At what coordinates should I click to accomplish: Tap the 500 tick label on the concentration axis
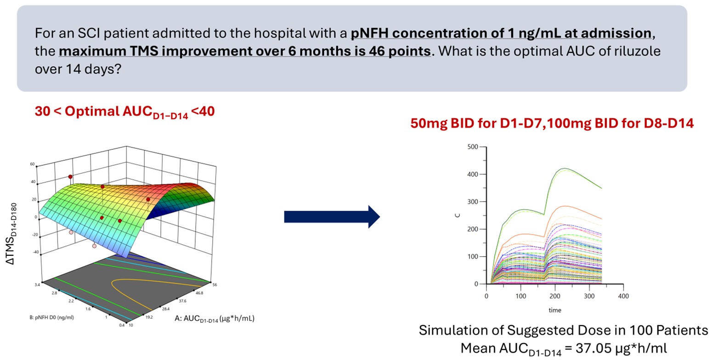tap(473, 147)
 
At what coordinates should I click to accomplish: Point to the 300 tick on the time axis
tap(589, 296)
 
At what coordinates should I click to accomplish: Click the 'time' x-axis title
tap(554, 310)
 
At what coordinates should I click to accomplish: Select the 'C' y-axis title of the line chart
tap(458, 214)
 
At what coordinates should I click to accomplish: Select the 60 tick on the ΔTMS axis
tap(33, 164)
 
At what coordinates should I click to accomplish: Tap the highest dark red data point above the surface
tap(70, 177)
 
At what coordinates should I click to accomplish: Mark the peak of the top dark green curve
tap(565, 169)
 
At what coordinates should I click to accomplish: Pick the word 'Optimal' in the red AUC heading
tap(92, 112)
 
